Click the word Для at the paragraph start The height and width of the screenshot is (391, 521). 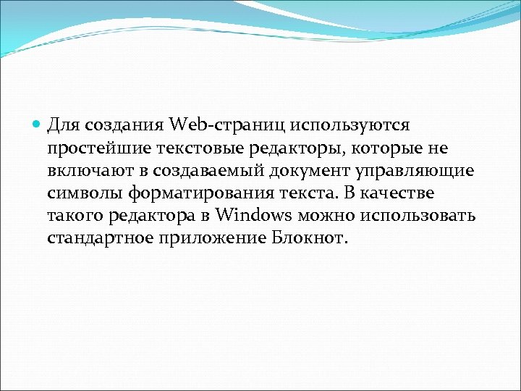[64, 125]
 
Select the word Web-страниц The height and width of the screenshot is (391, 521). [228, 125]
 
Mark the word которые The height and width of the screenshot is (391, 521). [373, 148]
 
